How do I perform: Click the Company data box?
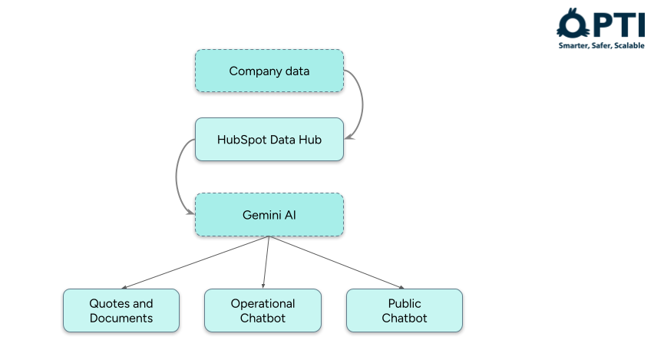(x=269, y=71)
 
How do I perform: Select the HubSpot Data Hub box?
(x=269, y=139)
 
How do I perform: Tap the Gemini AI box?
(x=269, y=214)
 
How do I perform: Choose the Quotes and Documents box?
(x=121, y=310)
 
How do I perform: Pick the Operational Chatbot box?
(x=263, y=310)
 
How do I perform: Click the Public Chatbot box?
(x=405, y=310)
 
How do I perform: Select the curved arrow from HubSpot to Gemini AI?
(x=177, y=177)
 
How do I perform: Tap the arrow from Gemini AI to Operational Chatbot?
(x=266, y=261)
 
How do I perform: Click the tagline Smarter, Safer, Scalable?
(x=601, y=46)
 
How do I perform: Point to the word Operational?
(x=263, y=303)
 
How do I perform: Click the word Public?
(x=405, y=303)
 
